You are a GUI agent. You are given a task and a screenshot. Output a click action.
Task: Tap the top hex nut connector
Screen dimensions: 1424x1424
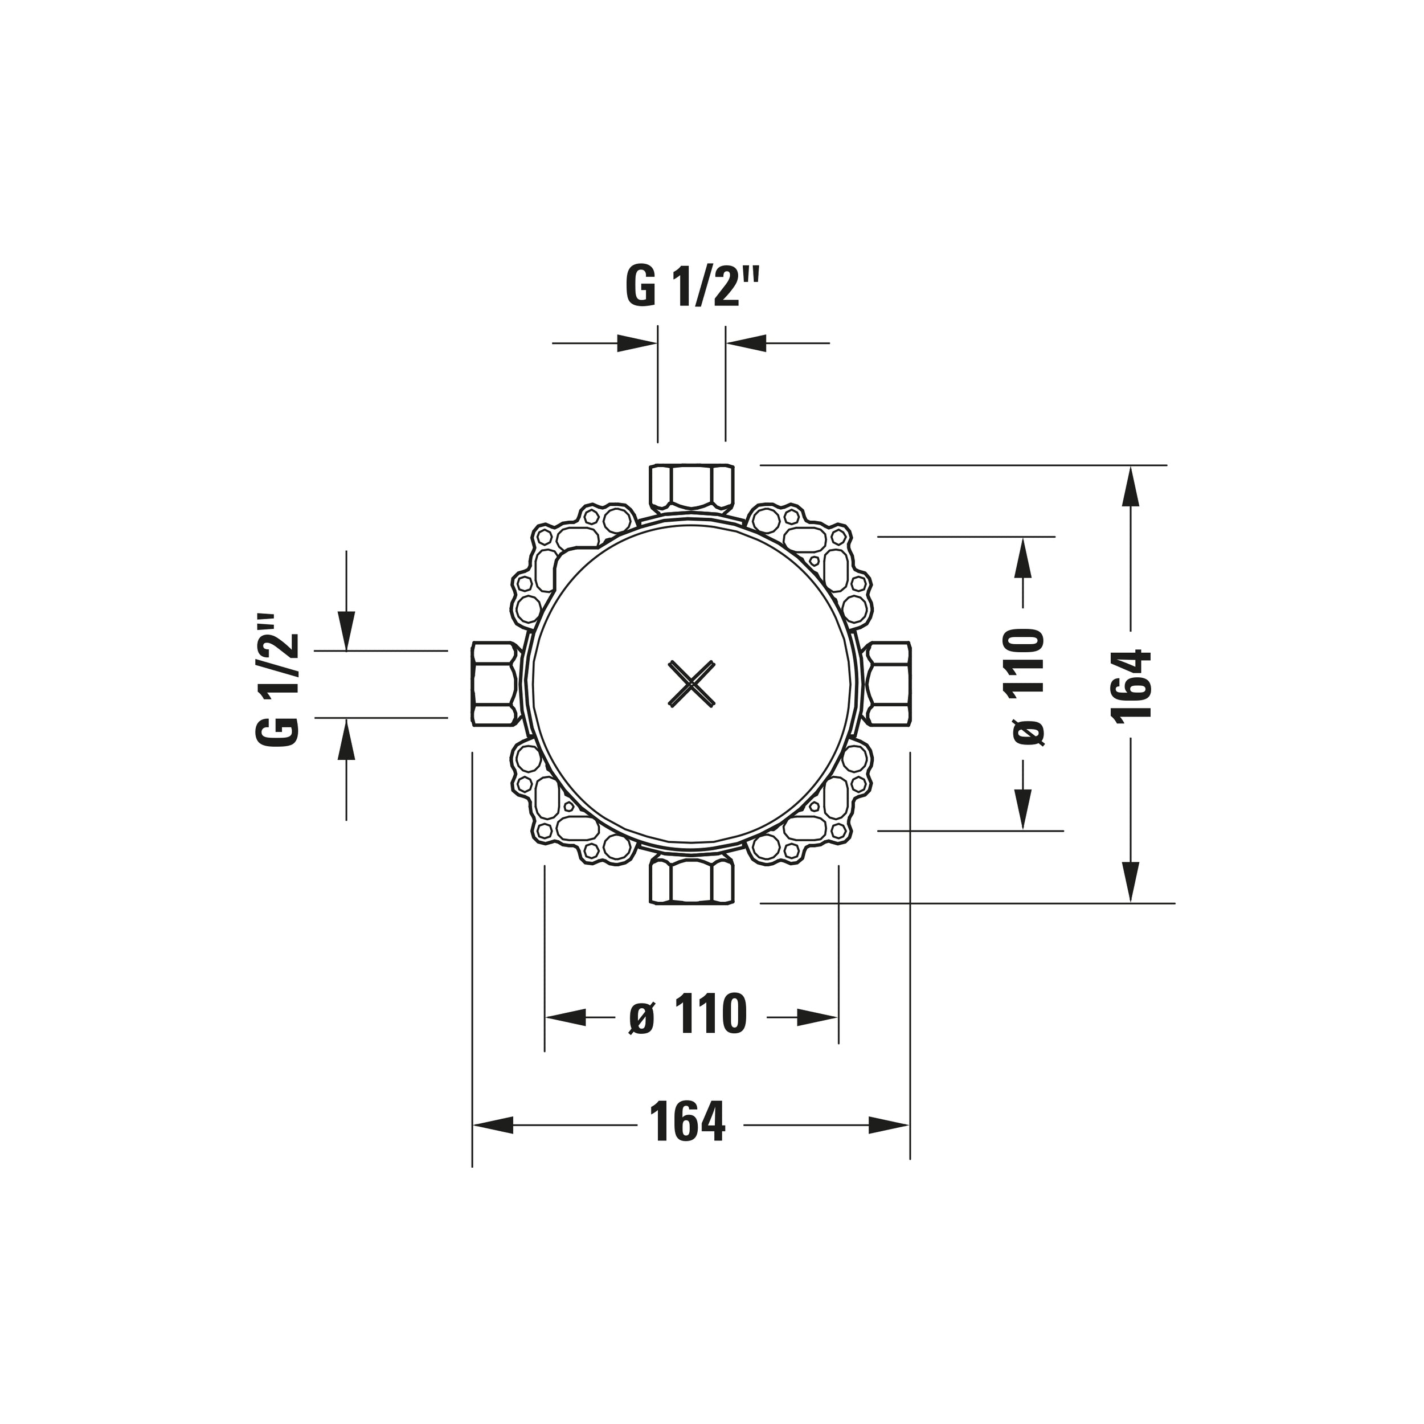click(x=692, y=487)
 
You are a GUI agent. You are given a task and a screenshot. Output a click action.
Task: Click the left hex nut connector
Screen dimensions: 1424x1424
click(x=494, y=684)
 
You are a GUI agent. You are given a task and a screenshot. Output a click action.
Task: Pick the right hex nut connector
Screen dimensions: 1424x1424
click(x=887, y=684)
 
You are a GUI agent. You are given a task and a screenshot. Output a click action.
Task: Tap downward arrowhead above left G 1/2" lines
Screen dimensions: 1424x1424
click(x=346, y=631)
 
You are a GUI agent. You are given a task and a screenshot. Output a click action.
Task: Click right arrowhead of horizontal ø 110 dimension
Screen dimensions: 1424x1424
click(x=818, y=1018)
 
